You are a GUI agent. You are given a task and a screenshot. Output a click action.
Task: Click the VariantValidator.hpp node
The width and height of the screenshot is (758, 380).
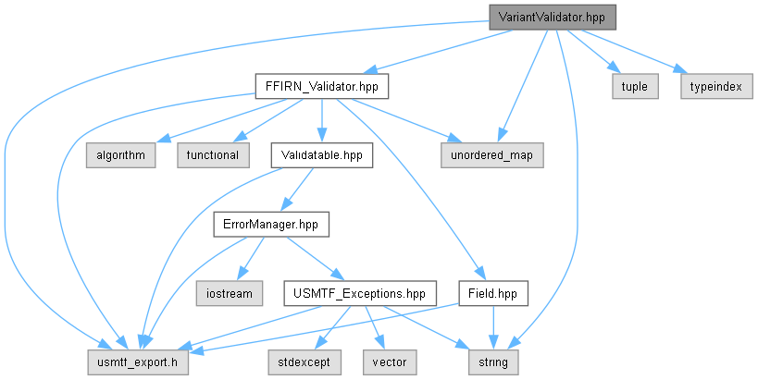[x=552, y=18]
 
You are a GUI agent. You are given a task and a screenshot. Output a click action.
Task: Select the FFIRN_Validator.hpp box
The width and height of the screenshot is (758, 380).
[x=321, y=86]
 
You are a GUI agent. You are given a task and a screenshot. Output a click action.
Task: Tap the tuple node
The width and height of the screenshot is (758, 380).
[x=635, y=86]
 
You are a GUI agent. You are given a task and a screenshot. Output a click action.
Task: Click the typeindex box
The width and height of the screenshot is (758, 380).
[x=716, y=86]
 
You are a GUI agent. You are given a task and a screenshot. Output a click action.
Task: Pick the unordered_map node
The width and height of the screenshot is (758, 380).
[x=491, y=155]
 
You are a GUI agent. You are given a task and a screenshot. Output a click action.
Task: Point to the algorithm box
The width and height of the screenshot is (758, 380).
[x=121, y=155]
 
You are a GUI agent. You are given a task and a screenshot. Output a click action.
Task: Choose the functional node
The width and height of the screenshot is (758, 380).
[x=213, y=155]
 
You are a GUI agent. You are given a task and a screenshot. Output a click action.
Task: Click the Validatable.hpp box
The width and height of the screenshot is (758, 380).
[x=321, y=155]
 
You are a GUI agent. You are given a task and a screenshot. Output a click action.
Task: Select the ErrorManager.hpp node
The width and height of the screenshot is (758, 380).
[x=271, y=225]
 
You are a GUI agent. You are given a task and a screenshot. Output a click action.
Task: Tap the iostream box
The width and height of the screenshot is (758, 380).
[x=230, y=294]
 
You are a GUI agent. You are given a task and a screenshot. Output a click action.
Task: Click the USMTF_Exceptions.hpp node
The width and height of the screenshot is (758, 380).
[x=359, y=294]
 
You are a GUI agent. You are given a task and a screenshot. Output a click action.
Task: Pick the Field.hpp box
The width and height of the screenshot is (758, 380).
[x=492, y=294]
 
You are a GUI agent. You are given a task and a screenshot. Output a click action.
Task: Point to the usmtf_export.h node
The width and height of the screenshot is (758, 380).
[x=138, y=362]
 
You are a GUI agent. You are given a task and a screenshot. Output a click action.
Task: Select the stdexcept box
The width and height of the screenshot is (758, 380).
[x=304, y=362]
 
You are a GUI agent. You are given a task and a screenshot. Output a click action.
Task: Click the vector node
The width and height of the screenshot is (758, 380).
[x=390, y=362]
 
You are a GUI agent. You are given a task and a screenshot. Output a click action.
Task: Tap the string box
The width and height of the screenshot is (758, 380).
[x=493, y=362]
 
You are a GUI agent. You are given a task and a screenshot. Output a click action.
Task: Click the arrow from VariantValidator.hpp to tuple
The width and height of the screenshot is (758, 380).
[x=592, y=52]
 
